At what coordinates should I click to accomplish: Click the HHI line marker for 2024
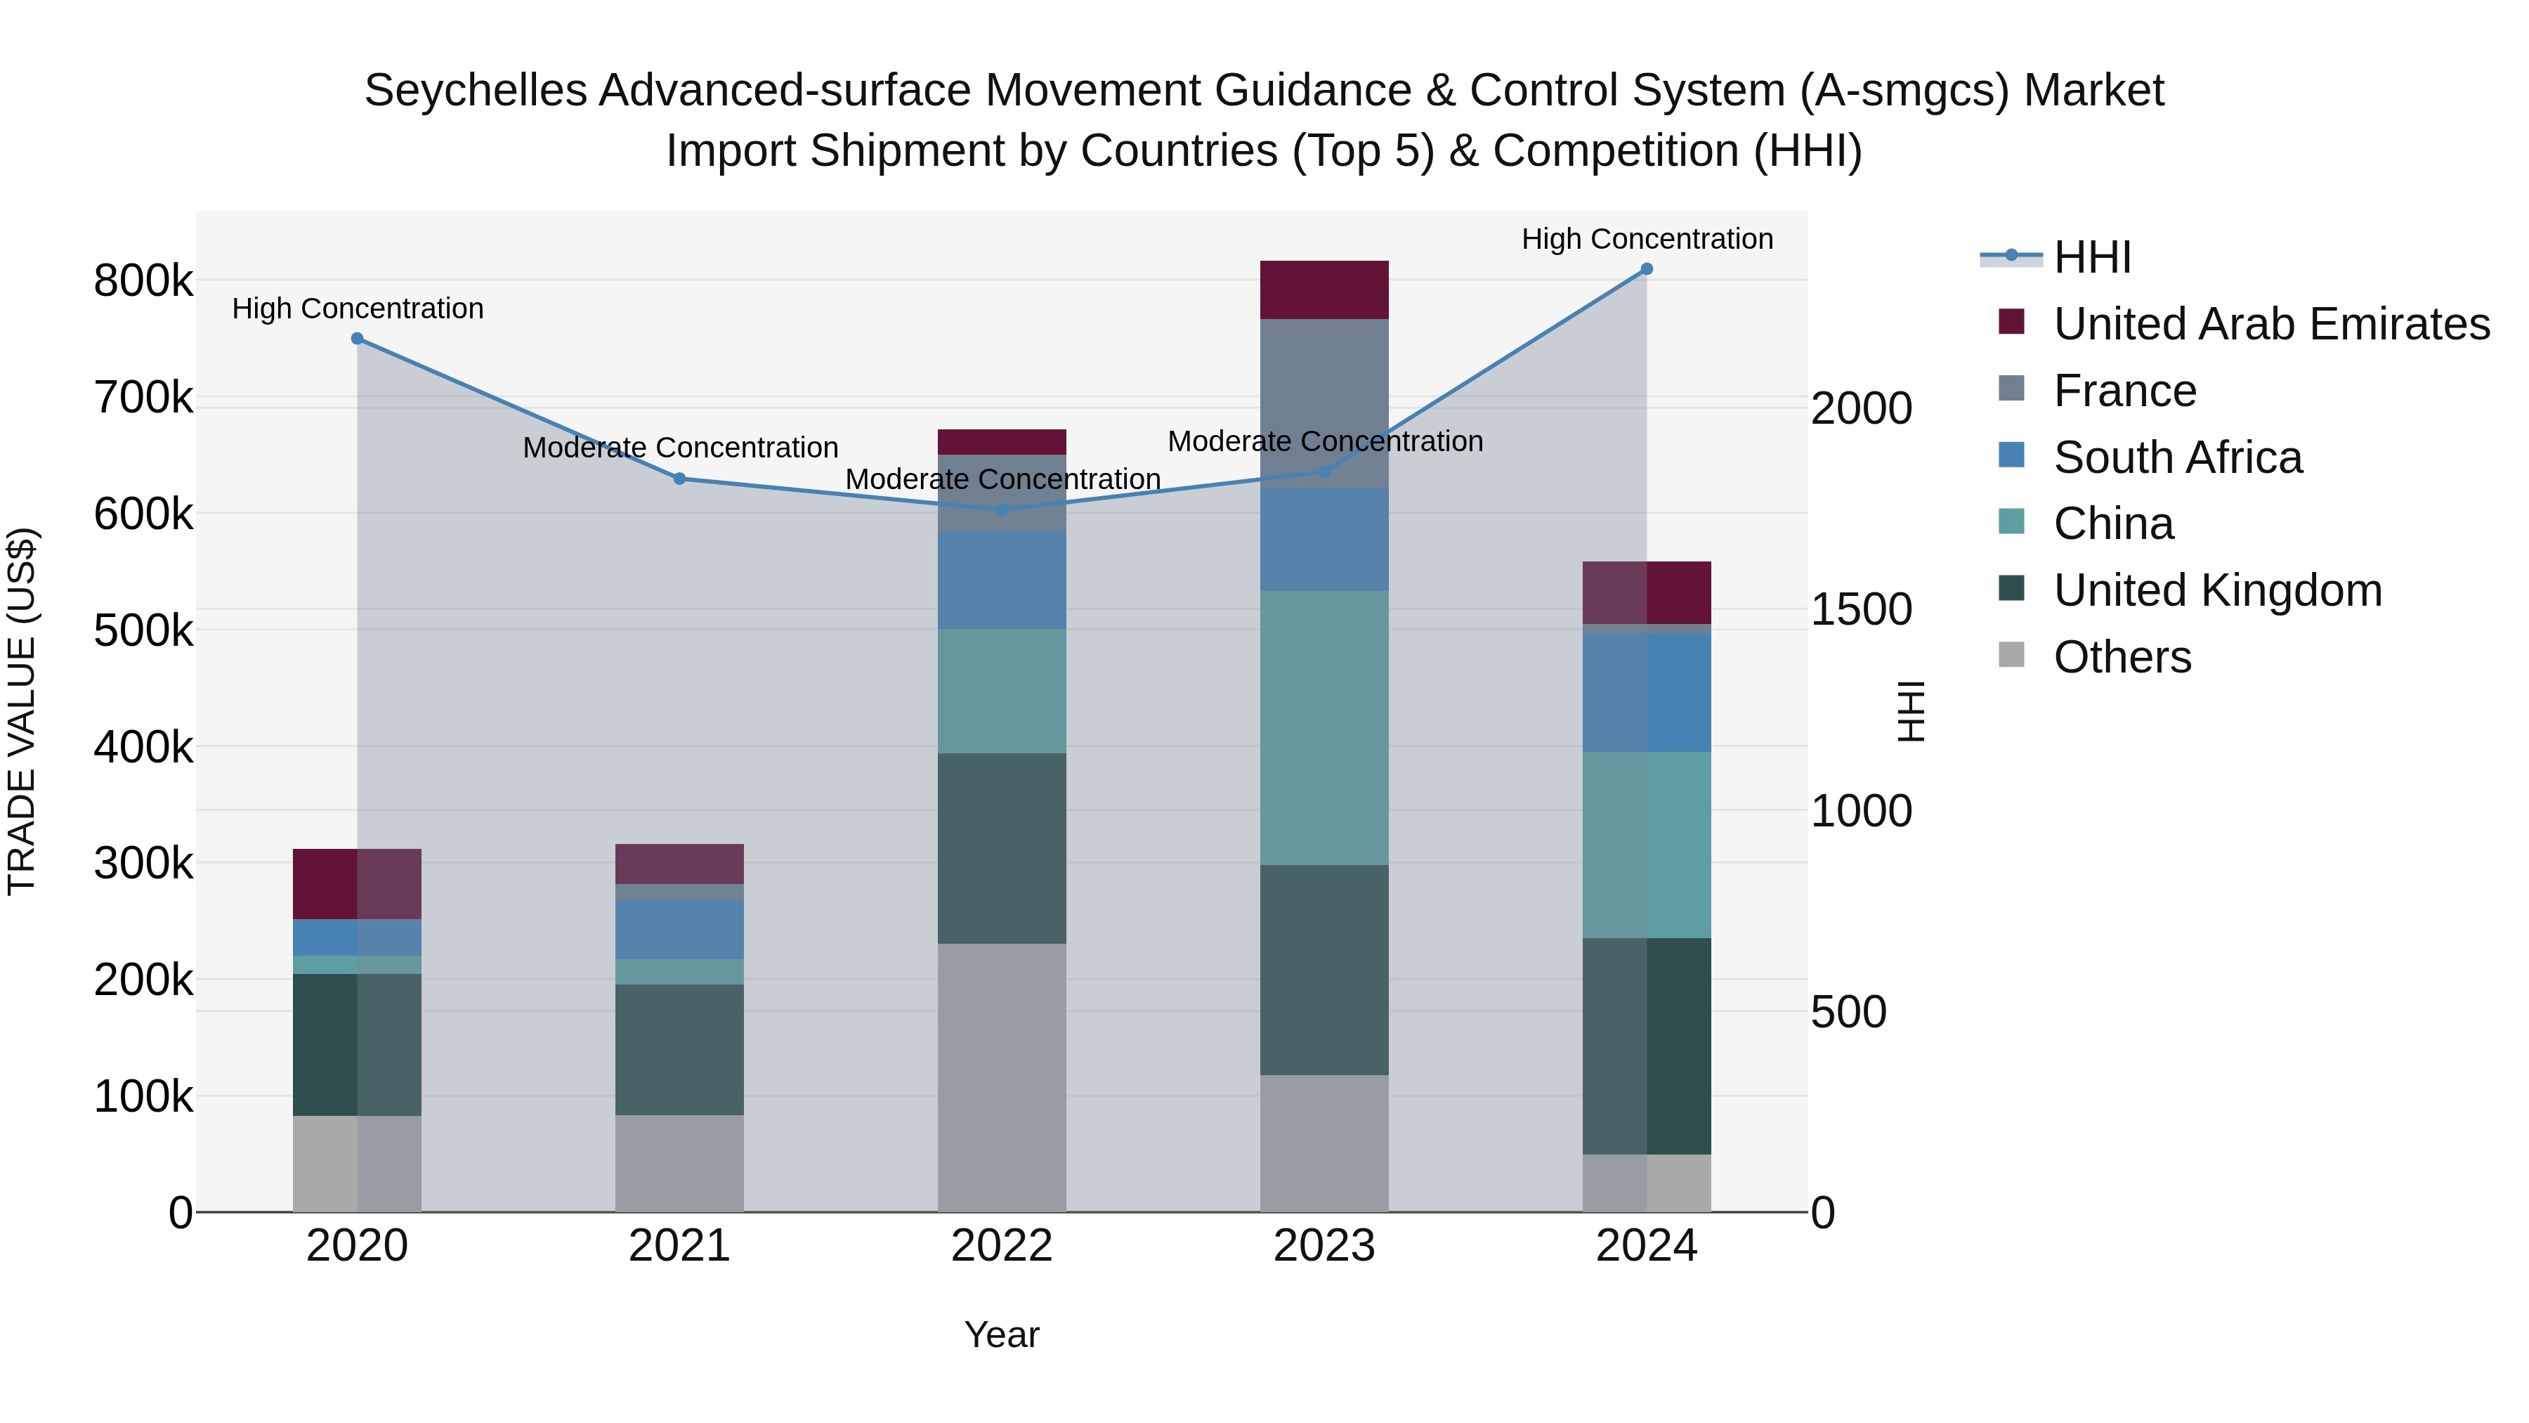tap(1647, 269)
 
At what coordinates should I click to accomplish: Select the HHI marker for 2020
tap(358, 339)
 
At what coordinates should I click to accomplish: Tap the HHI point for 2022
tap(1001, 509)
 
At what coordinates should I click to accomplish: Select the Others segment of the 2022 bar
tap(1001, 1077)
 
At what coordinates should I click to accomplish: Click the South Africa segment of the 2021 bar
tap(679, 929)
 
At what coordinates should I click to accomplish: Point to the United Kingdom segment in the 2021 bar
tap(679, 1049)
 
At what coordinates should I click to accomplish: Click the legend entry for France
tap(2124, 391)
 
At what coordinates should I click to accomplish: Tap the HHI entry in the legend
tap(2091, 257)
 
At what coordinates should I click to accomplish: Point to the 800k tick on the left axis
tap(143, 282)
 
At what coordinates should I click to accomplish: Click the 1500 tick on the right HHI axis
tap(1860, 610)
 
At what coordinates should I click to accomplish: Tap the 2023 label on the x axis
tap(1324, 1246)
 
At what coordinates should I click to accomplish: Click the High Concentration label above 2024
tap(1647, 239)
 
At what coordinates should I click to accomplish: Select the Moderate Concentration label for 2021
tap(679, 448)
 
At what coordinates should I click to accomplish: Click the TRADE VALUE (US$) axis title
tap(22, 711)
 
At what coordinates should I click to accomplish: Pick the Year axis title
tap(1001, 1334)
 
